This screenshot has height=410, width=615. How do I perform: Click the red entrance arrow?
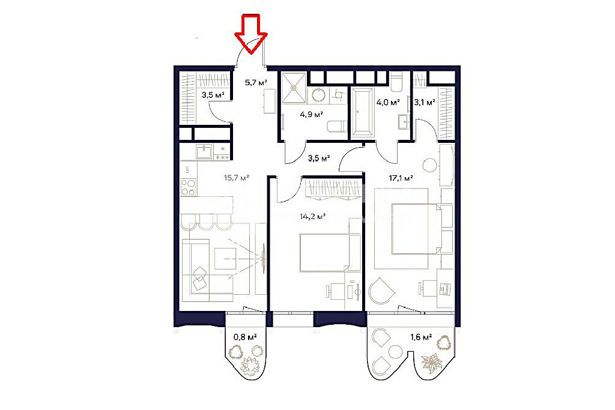point(251,34)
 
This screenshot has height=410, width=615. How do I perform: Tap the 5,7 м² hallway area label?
point(256,82)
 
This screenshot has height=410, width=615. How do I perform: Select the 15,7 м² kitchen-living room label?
point(237,178)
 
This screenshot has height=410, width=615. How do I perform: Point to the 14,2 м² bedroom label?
point(312,216)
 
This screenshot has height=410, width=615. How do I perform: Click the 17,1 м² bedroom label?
point(401,178)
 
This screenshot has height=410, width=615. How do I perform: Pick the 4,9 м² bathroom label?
point(312,115)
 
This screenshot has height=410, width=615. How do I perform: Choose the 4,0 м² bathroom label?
point(388,102)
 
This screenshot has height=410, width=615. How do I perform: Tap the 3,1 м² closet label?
point(425,102)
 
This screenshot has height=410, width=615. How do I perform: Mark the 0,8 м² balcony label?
point(245,336)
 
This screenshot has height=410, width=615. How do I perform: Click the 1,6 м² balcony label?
point(421,336)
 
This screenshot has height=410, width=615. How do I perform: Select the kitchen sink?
point(204,151)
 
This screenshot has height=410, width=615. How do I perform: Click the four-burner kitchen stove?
point(188,187)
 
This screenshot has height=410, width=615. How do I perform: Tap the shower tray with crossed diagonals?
point(294,88)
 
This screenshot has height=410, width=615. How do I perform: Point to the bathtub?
point(362,112)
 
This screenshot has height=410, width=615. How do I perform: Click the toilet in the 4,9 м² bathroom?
point(337,127)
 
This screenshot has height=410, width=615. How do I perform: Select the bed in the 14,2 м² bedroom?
point(330,253)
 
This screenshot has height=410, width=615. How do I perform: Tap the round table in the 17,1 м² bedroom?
point(430,164)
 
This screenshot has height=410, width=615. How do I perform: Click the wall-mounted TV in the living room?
point(264,259)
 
